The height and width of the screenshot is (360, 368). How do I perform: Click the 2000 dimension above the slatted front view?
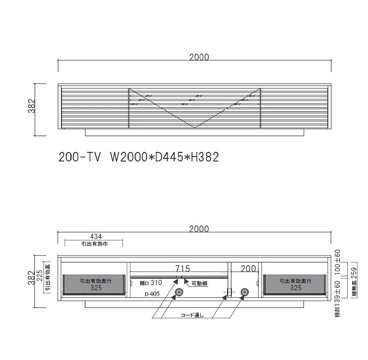[199, 57]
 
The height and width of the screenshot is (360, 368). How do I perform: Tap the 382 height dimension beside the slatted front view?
[32, 106]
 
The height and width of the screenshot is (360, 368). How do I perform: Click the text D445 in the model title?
[169, 157]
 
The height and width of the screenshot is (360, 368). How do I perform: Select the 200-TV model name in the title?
[80, 157]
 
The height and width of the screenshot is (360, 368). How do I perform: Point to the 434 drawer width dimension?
[96, 237]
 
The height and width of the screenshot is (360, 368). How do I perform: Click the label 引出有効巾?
[94, 244]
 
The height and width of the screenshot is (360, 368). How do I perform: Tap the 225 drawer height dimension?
[40, 275]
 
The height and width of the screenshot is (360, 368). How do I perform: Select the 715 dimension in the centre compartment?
[183, 268]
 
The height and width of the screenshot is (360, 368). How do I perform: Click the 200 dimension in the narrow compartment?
[248, 268]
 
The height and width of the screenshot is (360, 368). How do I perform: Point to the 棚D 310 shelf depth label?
[151, 283]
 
